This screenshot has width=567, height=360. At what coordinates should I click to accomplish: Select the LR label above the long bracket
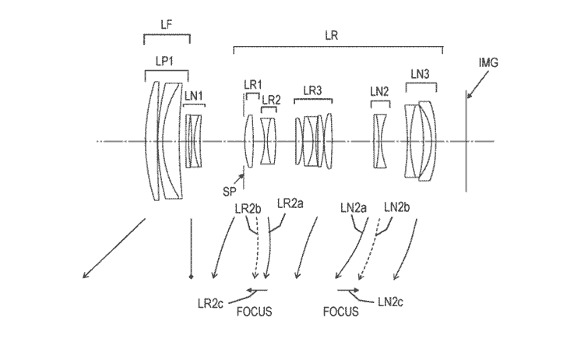(336, 35)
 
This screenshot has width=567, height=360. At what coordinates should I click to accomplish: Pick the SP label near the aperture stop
(229, 190)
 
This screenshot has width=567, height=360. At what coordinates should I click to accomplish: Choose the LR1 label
(252, 84)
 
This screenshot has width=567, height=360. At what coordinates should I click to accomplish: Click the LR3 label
(312, 90)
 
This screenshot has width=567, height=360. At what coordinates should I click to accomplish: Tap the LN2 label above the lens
(379, 92)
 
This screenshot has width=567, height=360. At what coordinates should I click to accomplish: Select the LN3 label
(420, 73)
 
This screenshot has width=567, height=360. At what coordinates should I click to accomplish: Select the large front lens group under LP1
(165, 140)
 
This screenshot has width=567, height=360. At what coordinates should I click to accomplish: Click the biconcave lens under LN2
(379, 140)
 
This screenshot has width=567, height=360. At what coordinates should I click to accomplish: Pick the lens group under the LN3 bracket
(421, 140)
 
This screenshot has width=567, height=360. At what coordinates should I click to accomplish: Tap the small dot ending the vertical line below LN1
(190, 275)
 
